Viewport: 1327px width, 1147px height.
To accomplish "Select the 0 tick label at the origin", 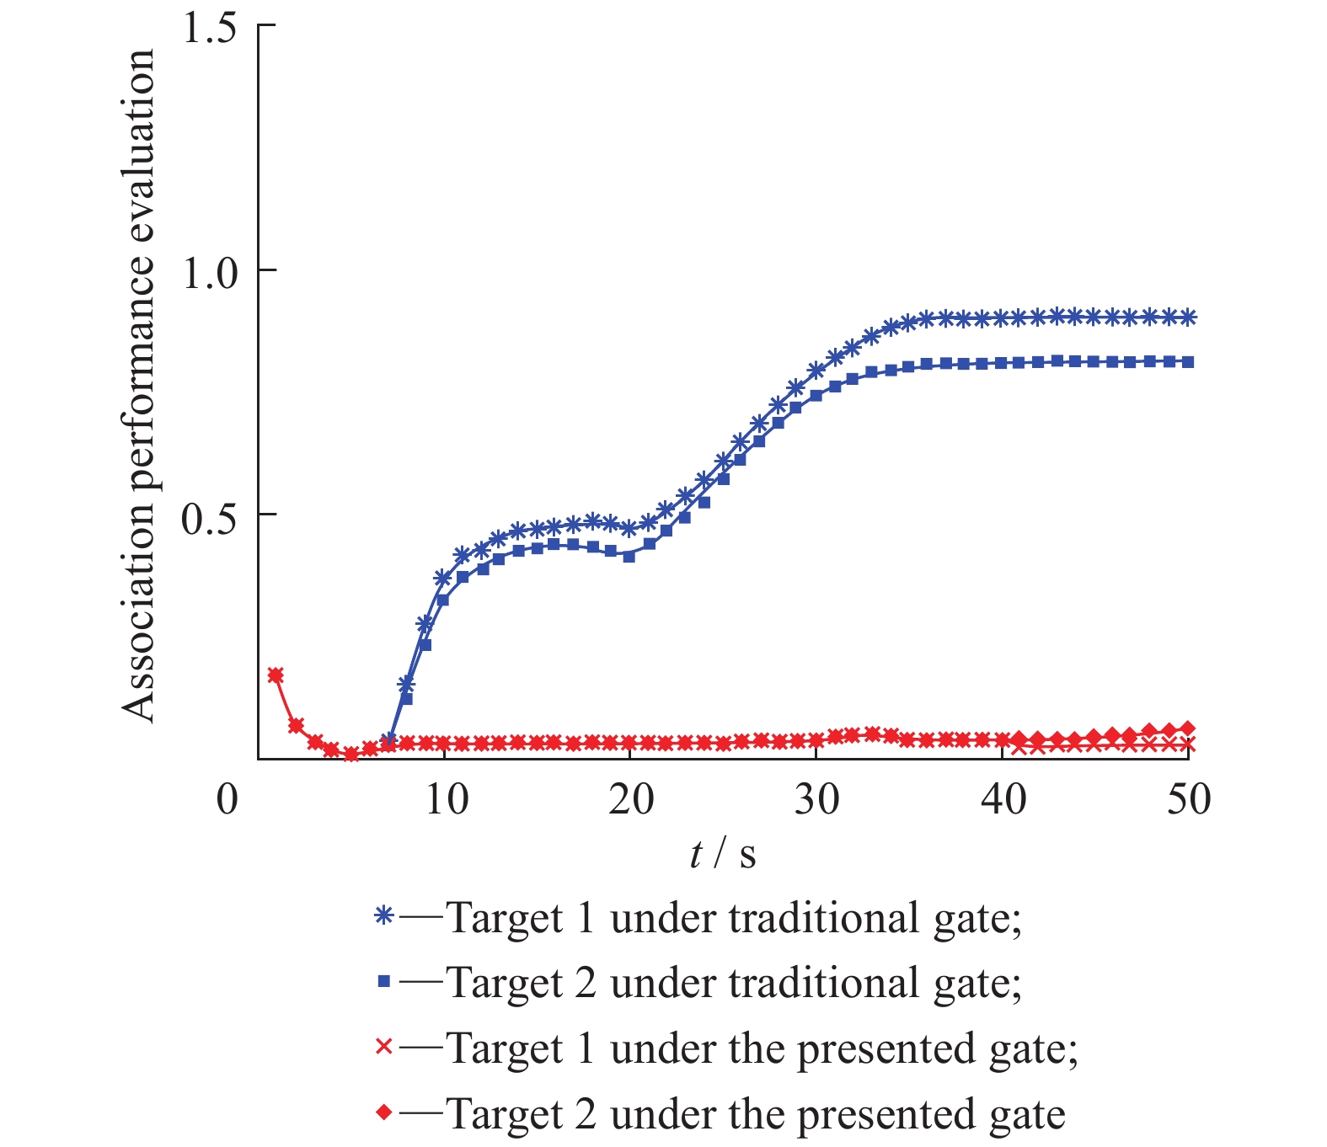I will tap(227, 799).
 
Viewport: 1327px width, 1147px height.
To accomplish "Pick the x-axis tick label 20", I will tap(631, 799).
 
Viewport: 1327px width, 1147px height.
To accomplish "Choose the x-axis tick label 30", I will tap(817, 799).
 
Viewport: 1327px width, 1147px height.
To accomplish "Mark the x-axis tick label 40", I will tap(1003, 799).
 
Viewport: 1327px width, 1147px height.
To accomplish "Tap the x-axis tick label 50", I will tap(1188, 799).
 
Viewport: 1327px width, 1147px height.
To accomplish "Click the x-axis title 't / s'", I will tap(723, 855).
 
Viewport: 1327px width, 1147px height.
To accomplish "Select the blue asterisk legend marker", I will tap(384, 916).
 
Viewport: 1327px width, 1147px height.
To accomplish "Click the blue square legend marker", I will tap(384, 981).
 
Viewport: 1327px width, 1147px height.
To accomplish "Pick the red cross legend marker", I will tap(384, 1047).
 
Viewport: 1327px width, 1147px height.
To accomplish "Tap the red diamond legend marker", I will tap(384, 1112).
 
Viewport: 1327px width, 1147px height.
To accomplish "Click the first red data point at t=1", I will tap(276, 675).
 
